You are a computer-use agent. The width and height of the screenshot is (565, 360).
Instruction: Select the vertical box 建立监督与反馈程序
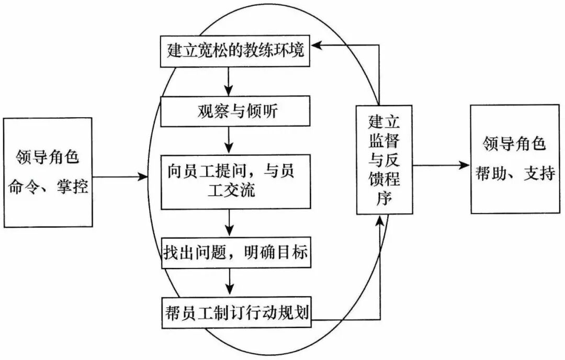click(x=384, y=160)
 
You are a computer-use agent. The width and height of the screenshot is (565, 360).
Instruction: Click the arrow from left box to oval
click(x=120, y=177)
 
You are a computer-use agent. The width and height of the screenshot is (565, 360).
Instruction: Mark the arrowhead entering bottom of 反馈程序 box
click(x=380, y=220)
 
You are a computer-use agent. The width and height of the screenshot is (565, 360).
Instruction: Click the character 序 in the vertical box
click(x=384, y=199)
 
